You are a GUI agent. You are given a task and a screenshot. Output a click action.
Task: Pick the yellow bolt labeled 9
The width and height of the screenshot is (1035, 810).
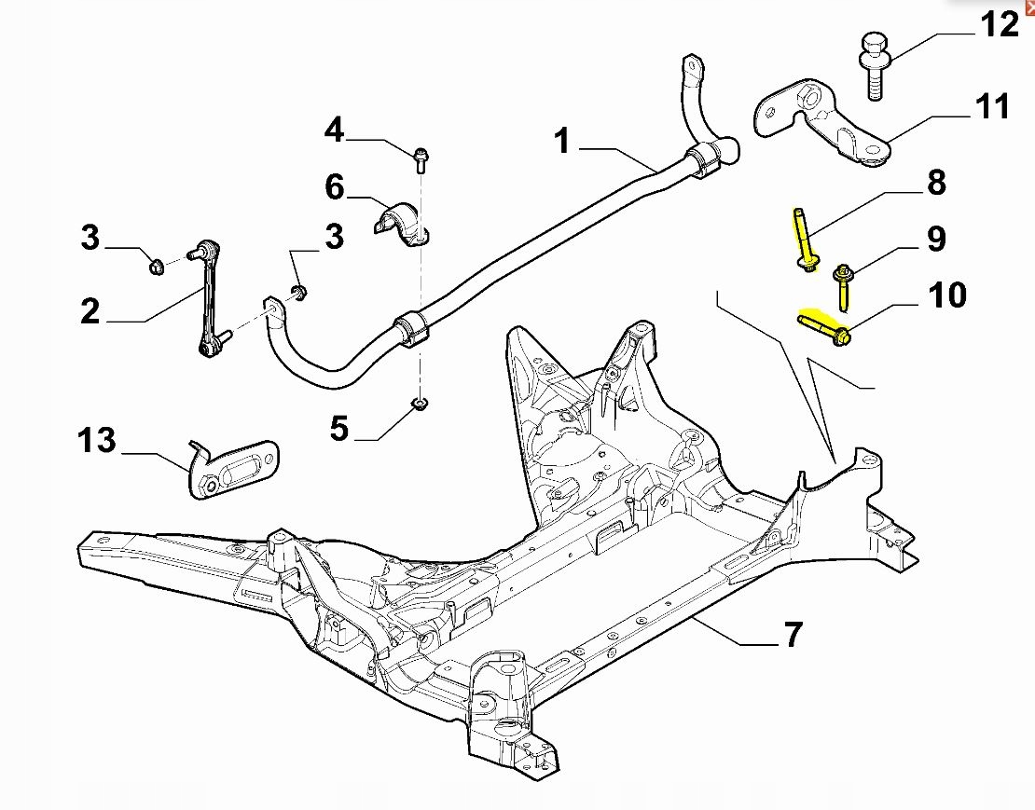coord(842,286)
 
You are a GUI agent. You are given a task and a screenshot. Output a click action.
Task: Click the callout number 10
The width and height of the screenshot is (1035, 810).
coord(947,296)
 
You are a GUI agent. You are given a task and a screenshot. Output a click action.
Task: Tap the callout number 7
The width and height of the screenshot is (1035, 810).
coord(792,636)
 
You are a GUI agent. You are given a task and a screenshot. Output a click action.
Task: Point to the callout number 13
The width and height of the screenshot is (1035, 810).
coord(98,440)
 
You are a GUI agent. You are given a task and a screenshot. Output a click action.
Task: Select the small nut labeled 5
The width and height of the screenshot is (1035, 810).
coord(419,404)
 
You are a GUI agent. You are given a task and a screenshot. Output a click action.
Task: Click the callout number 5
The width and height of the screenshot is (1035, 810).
coord(338,429)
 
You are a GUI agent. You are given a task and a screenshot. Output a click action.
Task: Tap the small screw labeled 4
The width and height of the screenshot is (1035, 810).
coord(420,158)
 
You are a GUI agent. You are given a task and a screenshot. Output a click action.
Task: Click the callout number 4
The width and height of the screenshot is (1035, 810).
coord(334,130)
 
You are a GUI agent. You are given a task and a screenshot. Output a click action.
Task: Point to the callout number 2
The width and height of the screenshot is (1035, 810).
coord(90,311)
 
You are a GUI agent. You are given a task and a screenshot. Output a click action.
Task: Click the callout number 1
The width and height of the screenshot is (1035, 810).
coord(561,142)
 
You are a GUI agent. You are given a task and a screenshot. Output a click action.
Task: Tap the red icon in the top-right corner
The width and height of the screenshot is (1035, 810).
coord(1029,6)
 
